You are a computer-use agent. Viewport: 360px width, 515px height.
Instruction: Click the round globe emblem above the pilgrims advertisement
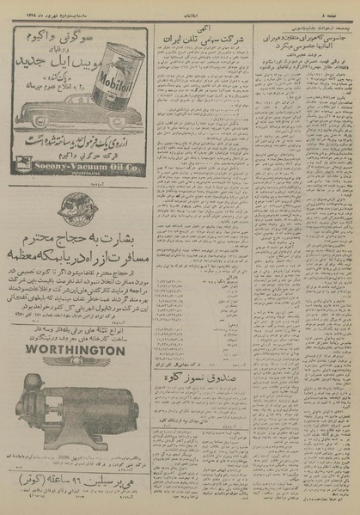(72, 209)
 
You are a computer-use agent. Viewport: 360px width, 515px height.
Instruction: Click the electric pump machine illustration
(82, 413)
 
